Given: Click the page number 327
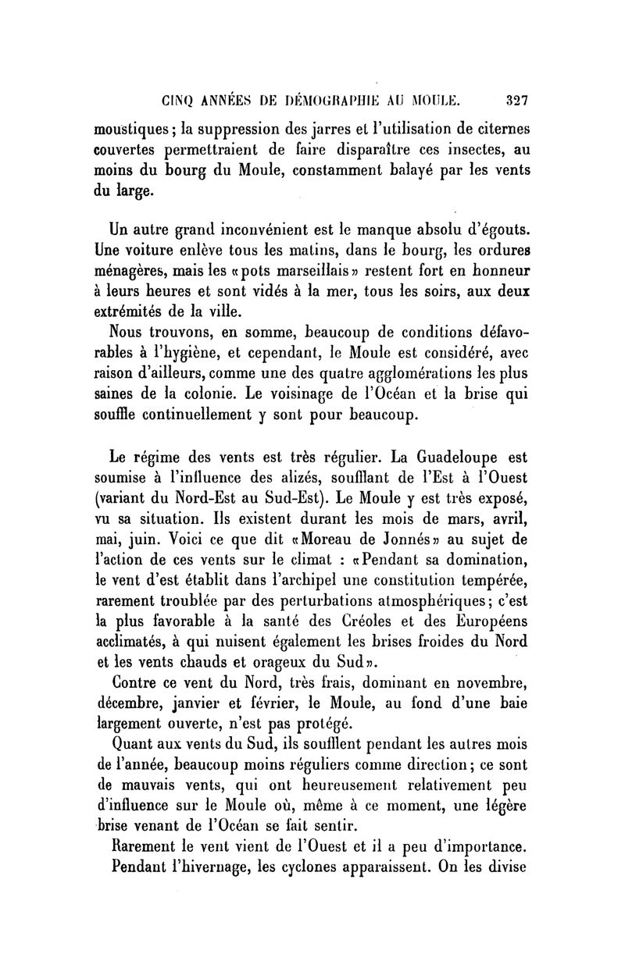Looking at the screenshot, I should [x=518, y=99].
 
